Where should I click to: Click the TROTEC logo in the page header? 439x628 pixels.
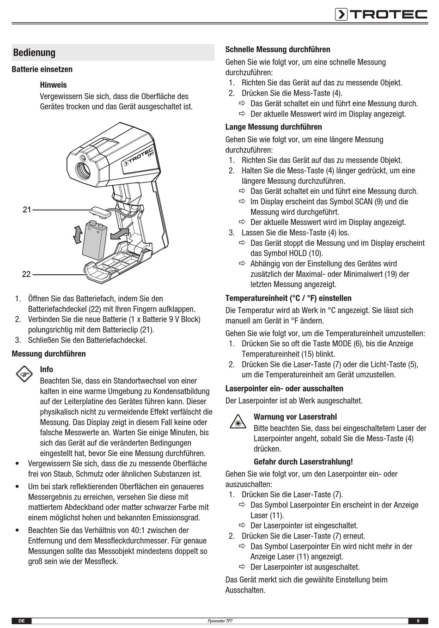point(381,14)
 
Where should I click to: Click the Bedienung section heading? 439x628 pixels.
point(34,53)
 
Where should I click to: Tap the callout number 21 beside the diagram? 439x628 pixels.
point(27,210)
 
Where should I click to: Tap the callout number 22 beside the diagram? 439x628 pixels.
point(26,274)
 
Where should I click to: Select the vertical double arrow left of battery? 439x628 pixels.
point(78,234)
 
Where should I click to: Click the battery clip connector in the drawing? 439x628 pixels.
point(100,211)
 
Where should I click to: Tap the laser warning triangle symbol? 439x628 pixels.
point(238,422)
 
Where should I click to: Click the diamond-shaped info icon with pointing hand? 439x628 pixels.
point(24,374)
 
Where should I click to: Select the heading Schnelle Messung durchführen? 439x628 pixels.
point(278,49)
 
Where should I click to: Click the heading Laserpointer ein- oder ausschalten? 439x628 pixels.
point(285,388)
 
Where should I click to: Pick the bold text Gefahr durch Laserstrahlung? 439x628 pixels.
point(303,461)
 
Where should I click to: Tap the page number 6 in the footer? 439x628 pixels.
point(418,621)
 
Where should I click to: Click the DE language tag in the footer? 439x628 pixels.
point(21,621)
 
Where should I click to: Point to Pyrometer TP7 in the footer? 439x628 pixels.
point(220,621)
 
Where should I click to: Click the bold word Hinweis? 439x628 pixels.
point(53,85)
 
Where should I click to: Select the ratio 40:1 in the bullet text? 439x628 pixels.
point(137,530)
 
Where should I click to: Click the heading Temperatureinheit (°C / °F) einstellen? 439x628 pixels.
point(288,298)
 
